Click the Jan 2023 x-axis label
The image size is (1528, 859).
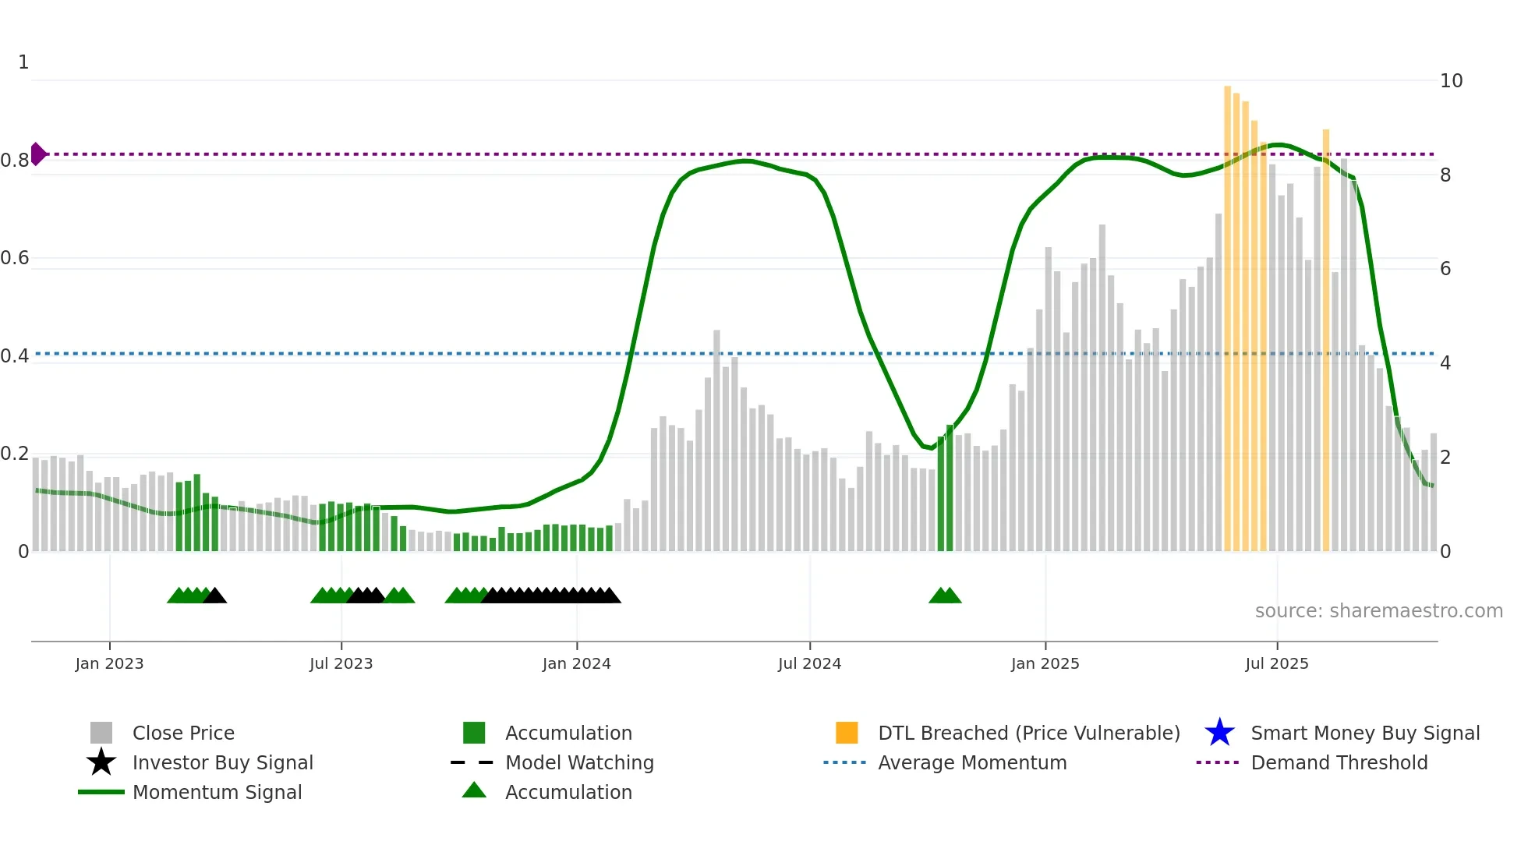109,663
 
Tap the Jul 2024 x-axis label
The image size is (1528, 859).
809,663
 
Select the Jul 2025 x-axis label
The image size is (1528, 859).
1276,663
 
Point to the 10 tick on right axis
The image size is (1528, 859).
1451,81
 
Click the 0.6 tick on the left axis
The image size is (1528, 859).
16,258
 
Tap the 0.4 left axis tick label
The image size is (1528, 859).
16,356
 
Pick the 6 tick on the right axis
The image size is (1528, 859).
1445,269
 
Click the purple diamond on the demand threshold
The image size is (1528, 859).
37,154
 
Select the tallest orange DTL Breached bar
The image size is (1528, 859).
1227,312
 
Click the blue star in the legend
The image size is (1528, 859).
1219,733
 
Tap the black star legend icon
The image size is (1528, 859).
101,762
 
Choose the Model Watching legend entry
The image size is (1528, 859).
578,762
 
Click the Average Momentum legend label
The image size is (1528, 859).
971,762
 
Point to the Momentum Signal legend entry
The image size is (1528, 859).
217,792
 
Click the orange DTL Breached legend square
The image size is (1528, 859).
847,733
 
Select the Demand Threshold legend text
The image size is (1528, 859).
1339,762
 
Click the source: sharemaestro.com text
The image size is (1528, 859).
1378,611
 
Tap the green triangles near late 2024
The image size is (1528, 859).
945,596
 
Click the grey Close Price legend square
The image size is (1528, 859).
101,733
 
